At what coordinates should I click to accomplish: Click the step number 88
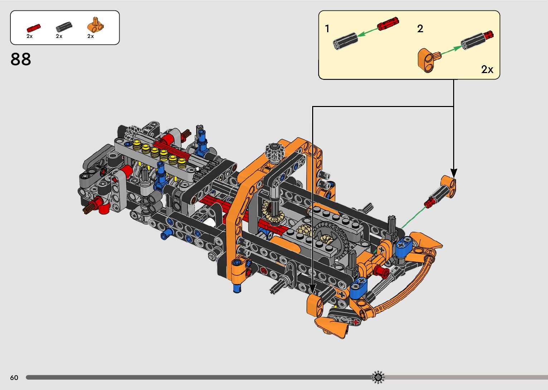(21, 59)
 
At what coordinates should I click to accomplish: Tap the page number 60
(14, 377)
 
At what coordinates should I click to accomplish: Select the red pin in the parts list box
(34, 28)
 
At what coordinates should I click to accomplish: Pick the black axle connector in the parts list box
(64, 27)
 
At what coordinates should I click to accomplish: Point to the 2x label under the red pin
(30, 36)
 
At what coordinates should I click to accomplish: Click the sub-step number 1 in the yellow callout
(327, 29)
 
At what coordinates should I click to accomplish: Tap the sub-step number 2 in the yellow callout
(420, 29)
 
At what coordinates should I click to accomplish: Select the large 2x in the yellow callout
(487, 69)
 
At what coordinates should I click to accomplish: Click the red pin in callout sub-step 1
(388, 23)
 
